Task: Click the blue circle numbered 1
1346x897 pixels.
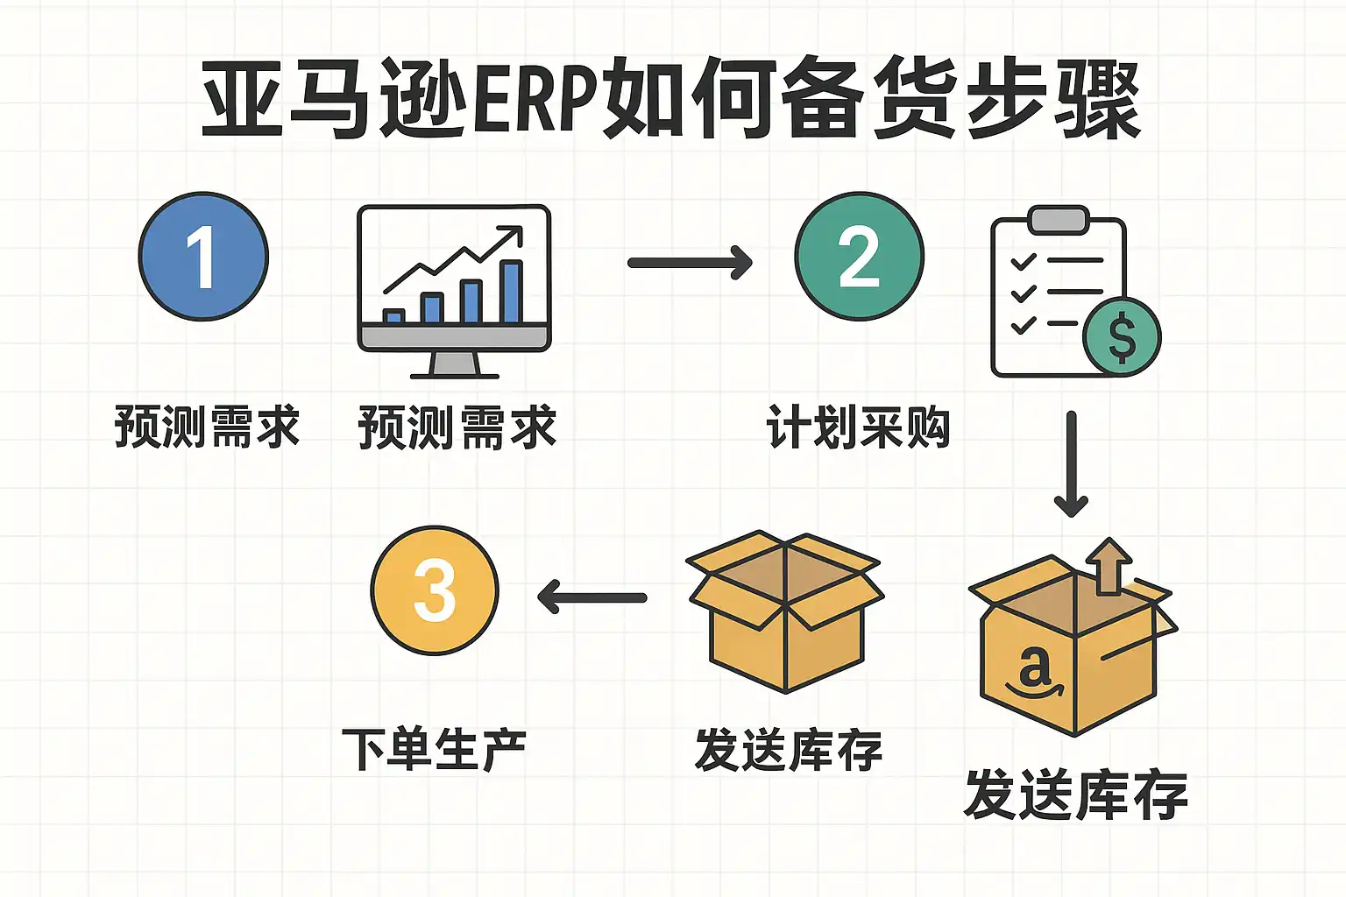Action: pyautogui.click(x=203, y=256)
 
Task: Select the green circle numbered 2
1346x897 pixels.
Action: pyautogui.click(x=859, y=256)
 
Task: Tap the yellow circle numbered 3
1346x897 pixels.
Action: pyautogui.click(x=435, y=590)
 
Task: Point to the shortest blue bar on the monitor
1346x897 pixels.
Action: pyautogui.click(x=393, y=316)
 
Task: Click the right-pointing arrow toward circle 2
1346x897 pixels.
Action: pyautogui.click(x=691, y=262)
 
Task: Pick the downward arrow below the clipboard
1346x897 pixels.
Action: pyautogui.click(x=1071, y=464)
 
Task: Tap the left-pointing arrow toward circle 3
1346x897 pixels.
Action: pyautogui.click(x=592, y=598)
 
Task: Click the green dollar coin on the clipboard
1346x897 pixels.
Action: pyautogui.click(x=1122, y=337)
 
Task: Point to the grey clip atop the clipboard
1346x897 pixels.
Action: pyautogui.click(x=1059, y=220)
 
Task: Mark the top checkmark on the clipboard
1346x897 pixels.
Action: pyautogui.click(x=1023, y=262)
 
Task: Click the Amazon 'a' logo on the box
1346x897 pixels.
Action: pyautogui.click(x=1034, y=669)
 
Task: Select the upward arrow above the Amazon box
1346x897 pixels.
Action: pyautogui.click(x=1109, y=565)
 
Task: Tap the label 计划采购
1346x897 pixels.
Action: pyautogui.click(x=858, y=427)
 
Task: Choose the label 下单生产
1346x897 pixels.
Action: pyautogui.click(x=435, y=750)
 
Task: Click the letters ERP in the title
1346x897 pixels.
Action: pyautogui.click(x=535, y=98)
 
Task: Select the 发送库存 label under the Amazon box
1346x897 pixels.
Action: pyautogui.click(x=1075, y=795)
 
